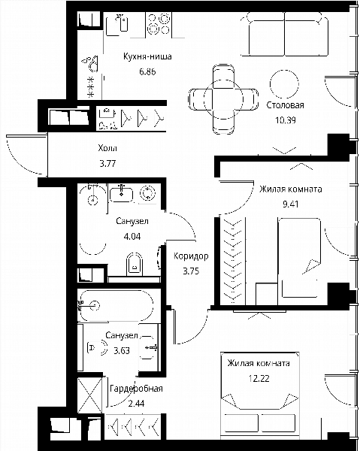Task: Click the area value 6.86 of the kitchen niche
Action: pyautogui.click(x=147, y=71)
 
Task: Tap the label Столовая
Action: pyautogui.click(x=285, y=105)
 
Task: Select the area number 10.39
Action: pyautogui.click(x=286, y=120)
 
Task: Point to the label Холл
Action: pyautogui.click(x=107, y=148)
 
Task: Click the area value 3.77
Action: pyautogui.click(x=107, y=164)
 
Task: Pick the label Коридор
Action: pyautogui.click(x=191, y=256)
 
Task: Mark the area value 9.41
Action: pyautogui.click(x=290, y=204)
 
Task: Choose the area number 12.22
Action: pyautogui.click(x=259, y=379)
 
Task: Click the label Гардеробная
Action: pyautogui.click(x=136, y=389)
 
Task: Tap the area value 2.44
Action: pyautogui.click(x=136, y=404)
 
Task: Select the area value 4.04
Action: pyautogui.click(x=132, y=237)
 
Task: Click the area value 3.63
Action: pyautogui.click(x=122, y=350)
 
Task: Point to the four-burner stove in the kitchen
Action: pyautogui.click(x=159, y=24)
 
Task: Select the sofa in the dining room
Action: pyautogui.click(x=285, y=35)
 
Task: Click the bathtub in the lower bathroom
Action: pyautogui.click(x=116, y=306)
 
